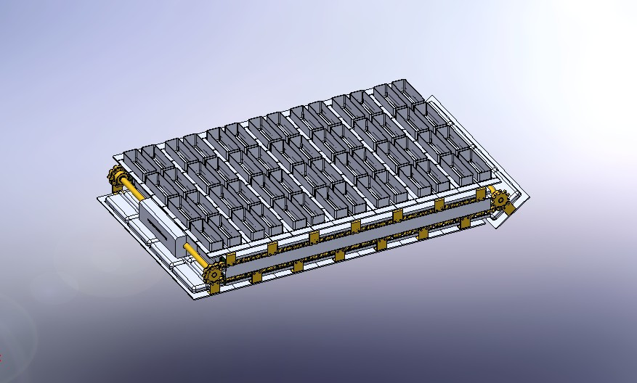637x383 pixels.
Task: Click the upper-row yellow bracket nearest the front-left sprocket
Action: tap(231, 258)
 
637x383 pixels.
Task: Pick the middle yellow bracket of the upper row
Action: tap(355, 227)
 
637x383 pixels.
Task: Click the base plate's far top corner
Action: tap(431, 96)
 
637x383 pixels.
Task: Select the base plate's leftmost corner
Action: tap(97, 197)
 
